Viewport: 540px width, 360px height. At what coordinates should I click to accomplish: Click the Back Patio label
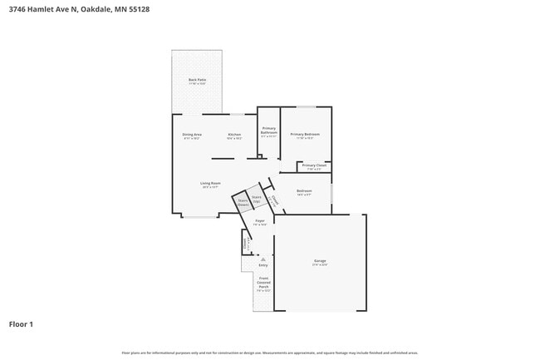197,81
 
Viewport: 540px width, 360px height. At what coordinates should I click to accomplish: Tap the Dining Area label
193,136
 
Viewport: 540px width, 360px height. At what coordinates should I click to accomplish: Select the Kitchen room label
235,136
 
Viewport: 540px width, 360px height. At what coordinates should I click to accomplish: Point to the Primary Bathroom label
269,131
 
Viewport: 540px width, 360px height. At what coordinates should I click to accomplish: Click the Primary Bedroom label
305,136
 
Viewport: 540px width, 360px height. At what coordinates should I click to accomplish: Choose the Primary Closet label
314,166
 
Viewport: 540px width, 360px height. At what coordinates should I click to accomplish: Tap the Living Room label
210,185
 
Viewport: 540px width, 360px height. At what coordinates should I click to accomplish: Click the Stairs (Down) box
243,202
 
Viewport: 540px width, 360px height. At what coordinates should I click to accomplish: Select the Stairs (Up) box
257,200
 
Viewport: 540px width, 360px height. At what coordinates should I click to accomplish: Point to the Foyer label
260,222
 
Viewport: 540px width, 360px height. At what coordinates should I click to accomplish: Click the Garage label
320,262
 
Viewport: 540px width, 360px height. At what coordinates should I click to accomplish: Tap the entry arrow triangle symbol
263,259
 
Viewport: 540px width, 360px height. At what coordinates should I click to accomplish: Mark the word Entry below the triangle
263,265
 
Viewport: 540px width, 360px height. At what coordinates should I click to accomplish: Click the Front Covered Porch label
263,284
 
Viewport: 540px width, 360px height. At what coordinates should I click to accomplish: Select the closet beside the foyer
245,244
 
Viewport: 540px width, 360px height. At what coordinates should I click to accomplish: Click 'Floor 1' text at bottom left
21,324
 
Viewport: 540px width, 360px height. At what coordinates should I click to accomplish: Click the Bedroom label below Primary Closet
304,192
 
